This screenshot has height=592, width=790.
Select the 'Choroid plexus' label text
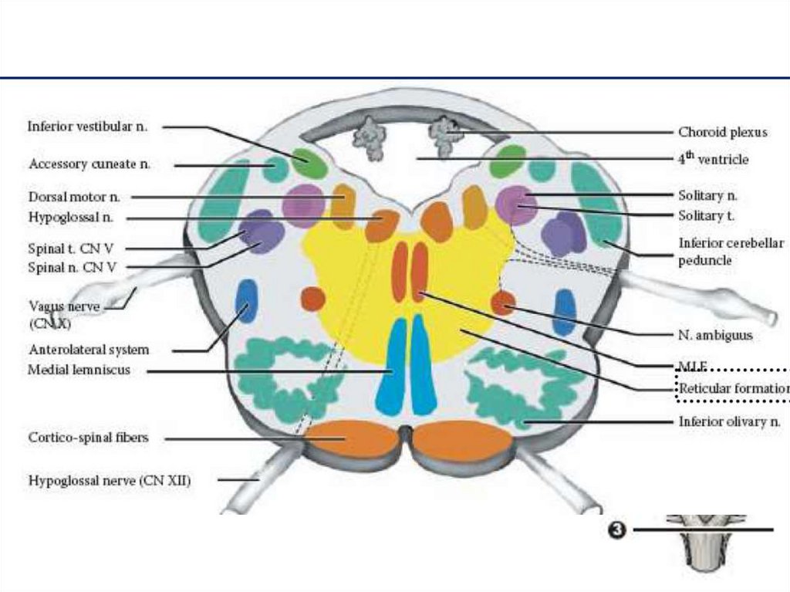tap(723, 132)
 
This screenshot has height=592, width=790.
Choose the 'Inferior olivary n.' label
tap(729, 421)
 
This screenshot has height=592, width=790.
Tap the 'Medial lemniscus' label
tap(79, 370)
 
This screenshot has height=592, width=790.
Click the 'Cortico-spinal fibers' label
tap(88, 438)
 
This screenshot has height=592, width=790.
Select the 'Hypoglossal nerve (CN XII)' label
tap(110, 480)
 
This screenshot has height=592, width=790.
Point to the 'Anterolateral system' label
tap(88, 350)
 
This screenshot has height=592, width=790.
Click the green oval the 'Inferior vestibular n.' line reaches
tap(310, 164)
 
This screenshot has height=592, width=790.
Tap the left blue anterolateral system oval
tap(246, 301)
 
